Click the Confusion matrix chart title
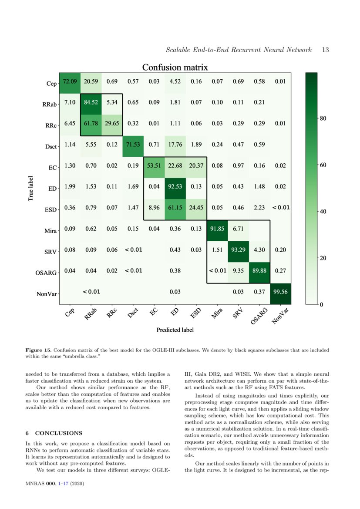point(175,67)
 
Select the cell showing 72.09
point(70,81)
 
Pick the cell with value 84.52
point(91,103)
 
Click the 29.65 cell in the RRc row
point(112,124)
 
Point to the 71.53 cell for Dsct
point(133,145)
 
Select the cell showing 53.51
point(154,166)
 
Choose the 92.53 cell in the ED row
point(175,187)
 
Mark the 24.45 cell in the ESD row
point(196,208)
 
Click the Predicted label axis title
point(175,330)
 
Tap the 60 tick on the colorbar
point(323,165)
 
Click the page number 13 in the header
point(325,50)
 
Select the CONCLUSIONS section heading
point(58,433)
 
